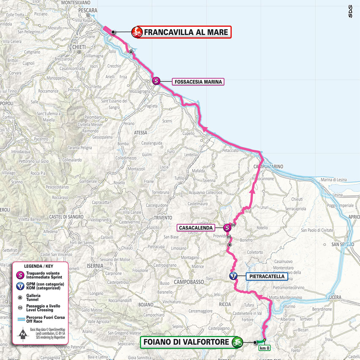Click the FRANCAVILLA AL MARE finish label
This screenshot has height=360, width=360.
(186, 32)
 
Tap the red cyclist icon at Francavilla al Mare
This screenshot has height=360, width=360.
(136, 32)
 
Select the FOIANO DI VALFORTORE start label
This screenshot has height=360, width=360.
(186, 342)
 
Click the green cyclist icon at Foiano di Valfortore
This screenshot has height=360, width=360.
(237, 342)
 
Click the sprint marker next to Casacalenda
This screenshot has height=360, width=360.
(227, 227)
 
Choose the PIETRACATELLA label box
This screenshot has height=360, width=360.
(267, 276)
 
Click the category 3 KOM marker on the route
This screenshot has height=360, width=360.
(233, 276)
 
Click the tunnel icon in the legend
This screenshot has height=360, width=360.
(19, 297)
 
